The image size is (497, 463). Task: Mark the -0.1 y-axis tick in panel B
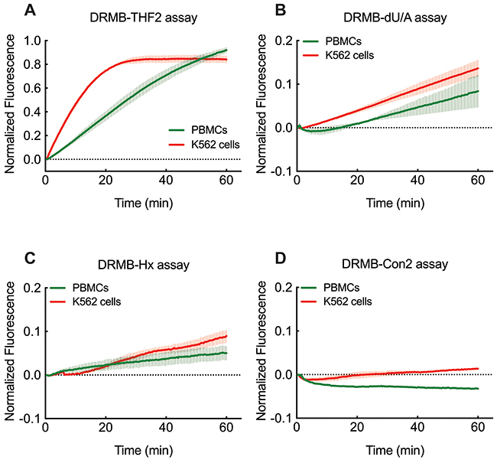[x=281, y=170]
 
